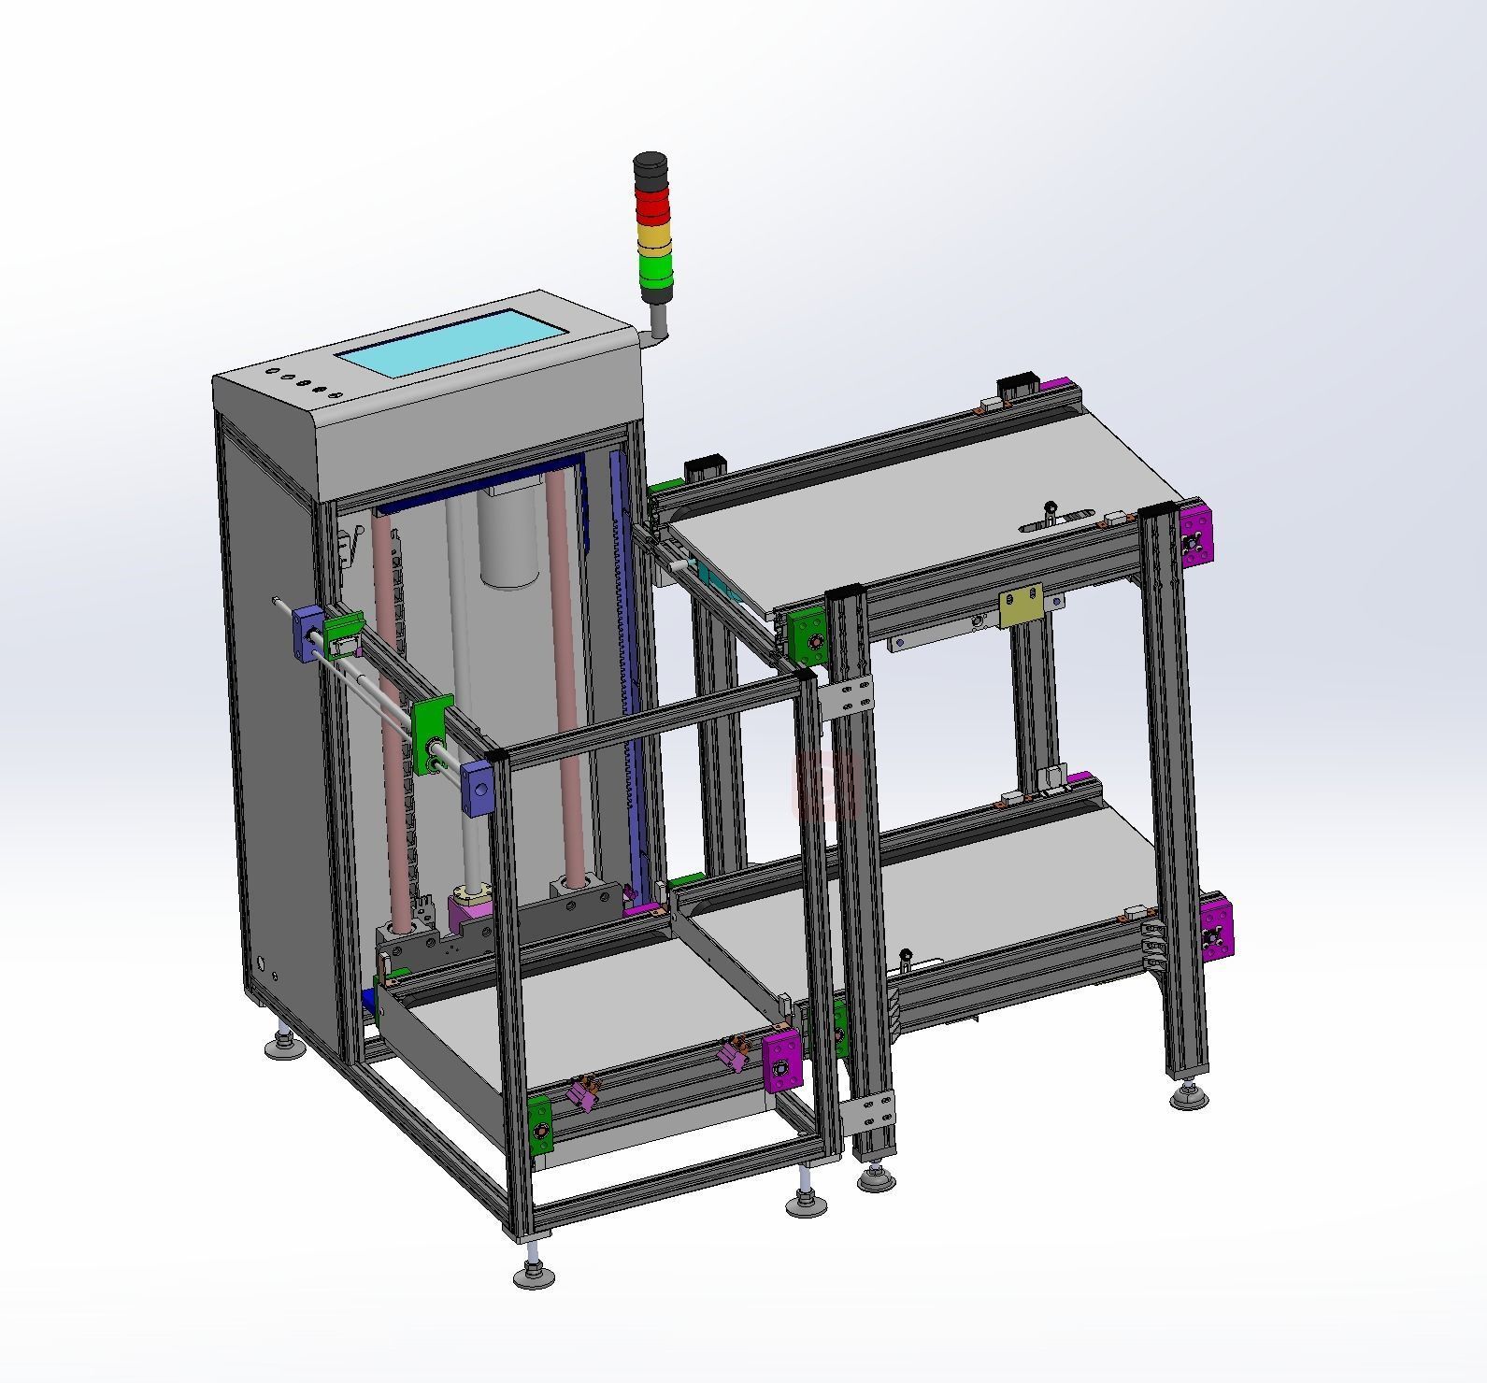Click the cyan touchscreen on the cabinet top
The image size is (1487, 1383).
click(x=452, y=345)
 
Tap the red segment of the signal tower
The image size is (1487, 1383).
click(x=653, y=204)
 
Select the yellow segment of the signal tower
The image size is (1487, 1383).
click(x=654, y=235)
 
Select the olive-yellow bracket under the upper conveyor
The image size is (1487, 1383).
click(x=1021, y=606)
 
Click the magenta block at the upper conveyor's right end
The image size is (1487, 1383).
click(x=1195, y=535)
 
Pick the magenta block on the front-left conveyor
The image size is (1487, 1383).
click(x=782, y=1061)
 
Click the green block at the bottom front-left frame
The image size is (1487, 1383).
click(x=539, y=1125)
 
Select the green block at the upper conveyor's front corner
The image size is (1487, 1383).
click(x=806, y=637)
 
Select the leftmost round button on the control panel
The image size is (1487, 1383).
click(x=270, y=372)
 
